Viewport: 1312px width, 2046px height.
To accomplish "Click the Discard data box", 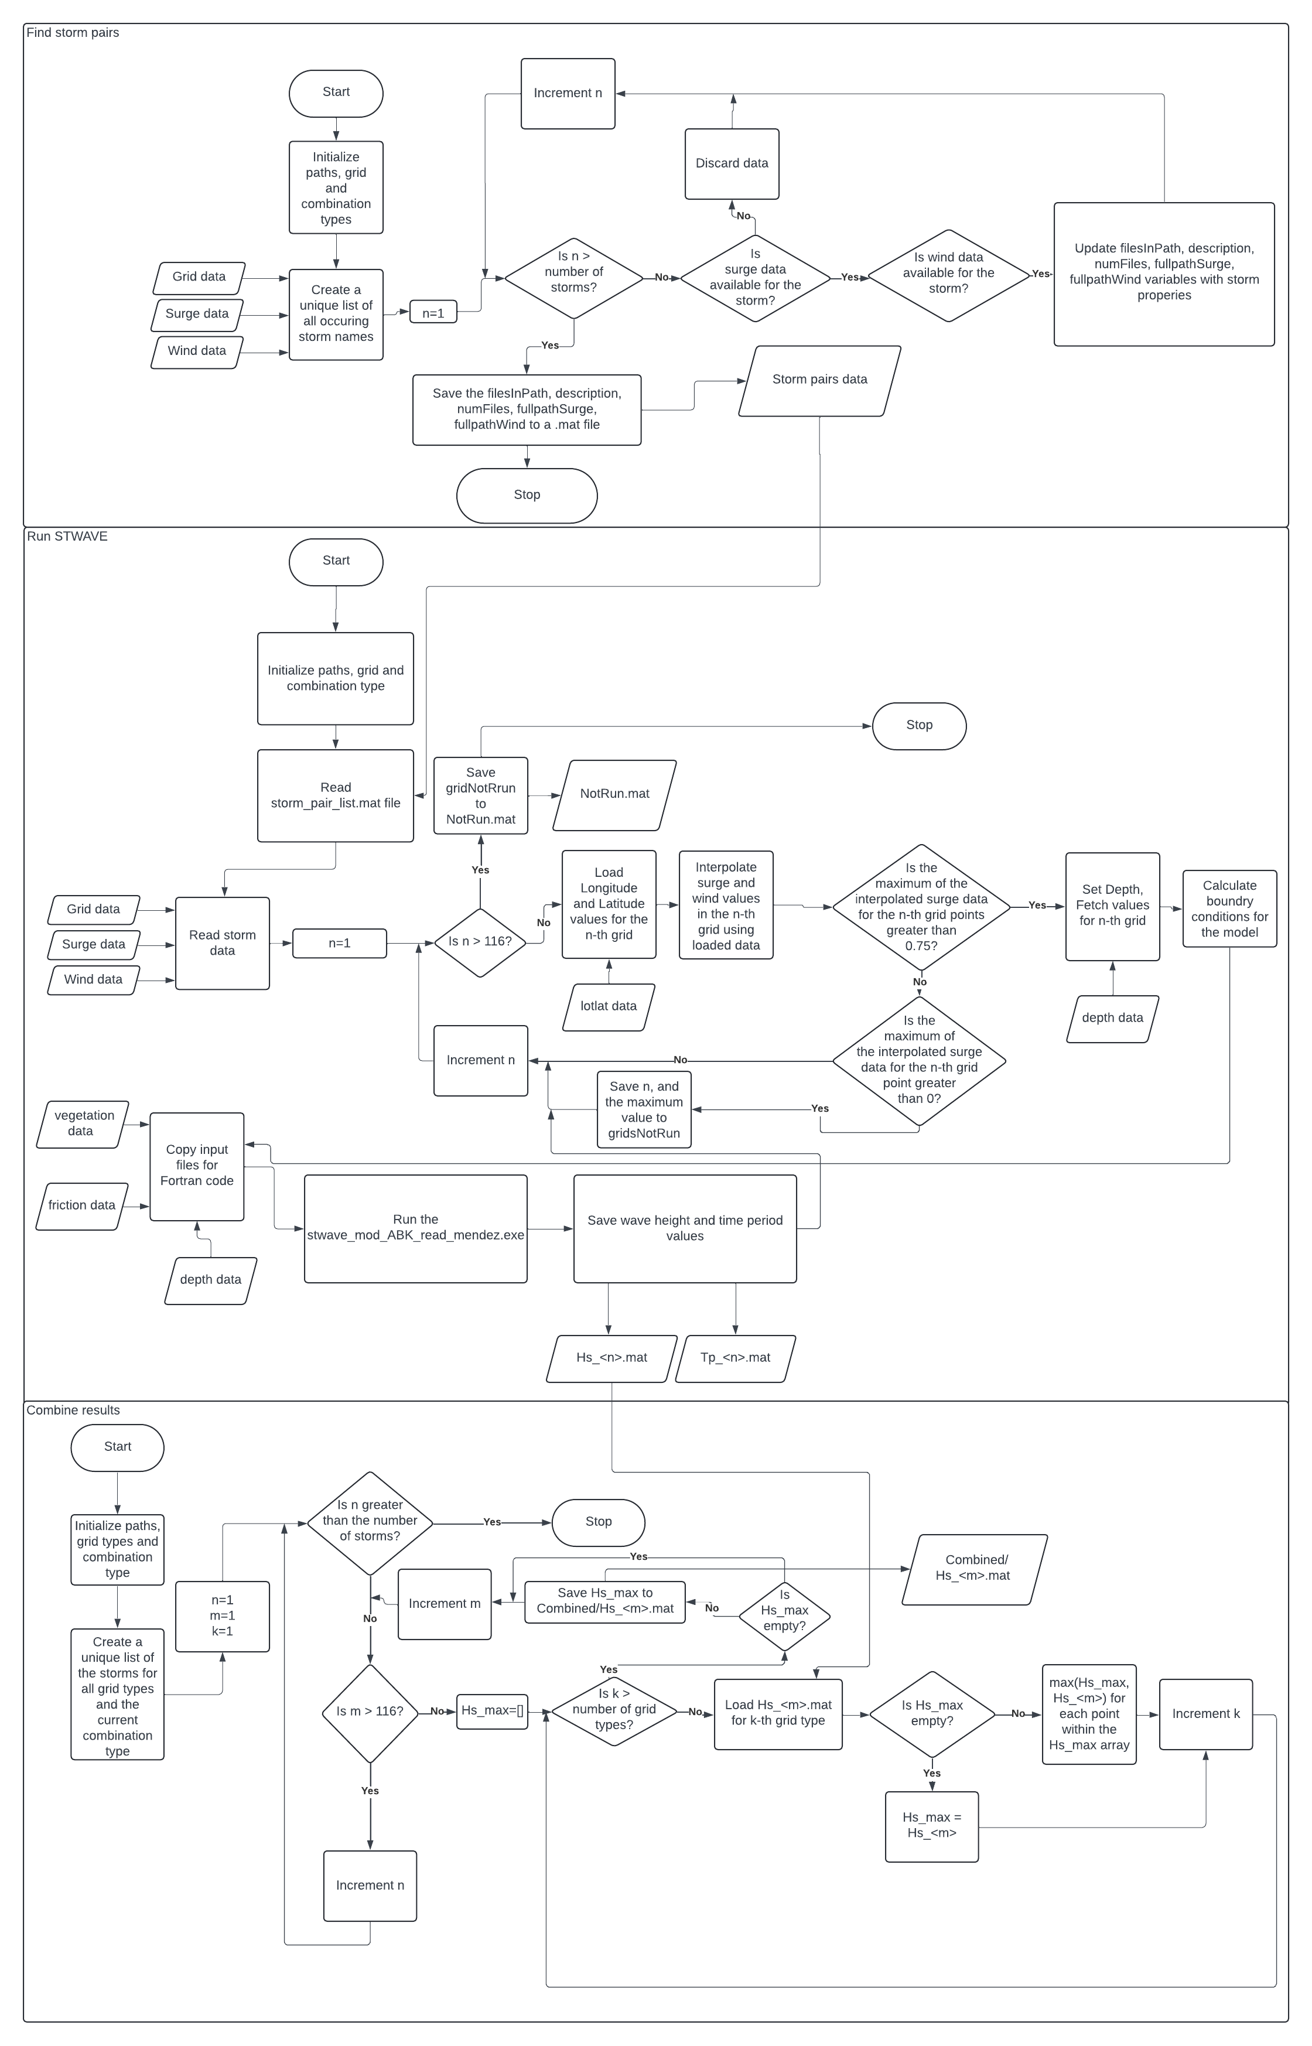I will [x=732, y=163].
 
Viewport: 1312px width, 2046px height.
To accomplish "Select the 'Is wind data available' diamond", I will [x=948, y=275].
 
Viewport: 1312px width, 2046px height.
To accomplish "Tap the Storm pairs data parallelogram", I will [x=819, y=380].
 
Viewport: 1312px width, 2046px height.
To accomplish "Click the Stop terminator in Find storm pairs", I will [x=527, y=495].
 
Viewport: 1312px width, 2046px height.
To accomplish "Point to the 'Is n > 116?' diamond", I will [x=480, y=941].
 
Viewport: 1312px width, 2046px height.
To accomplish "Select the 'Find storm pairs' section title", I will [x=73, y=33].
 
